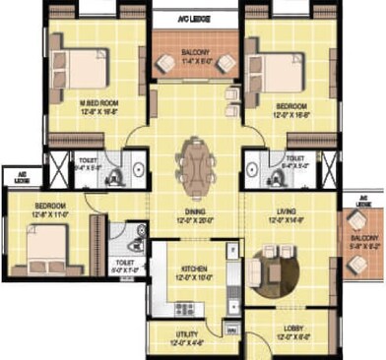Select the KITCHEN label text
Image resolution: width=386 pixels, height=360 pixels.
(193, 269)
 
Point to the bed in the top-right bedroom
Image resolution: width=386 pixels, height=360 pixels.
(287, 72)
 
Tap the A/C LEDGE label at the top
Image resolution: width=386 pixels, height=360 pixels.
(193, 18)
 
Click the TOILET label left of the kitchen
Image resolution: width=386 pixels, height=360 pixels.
(125, 263)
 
